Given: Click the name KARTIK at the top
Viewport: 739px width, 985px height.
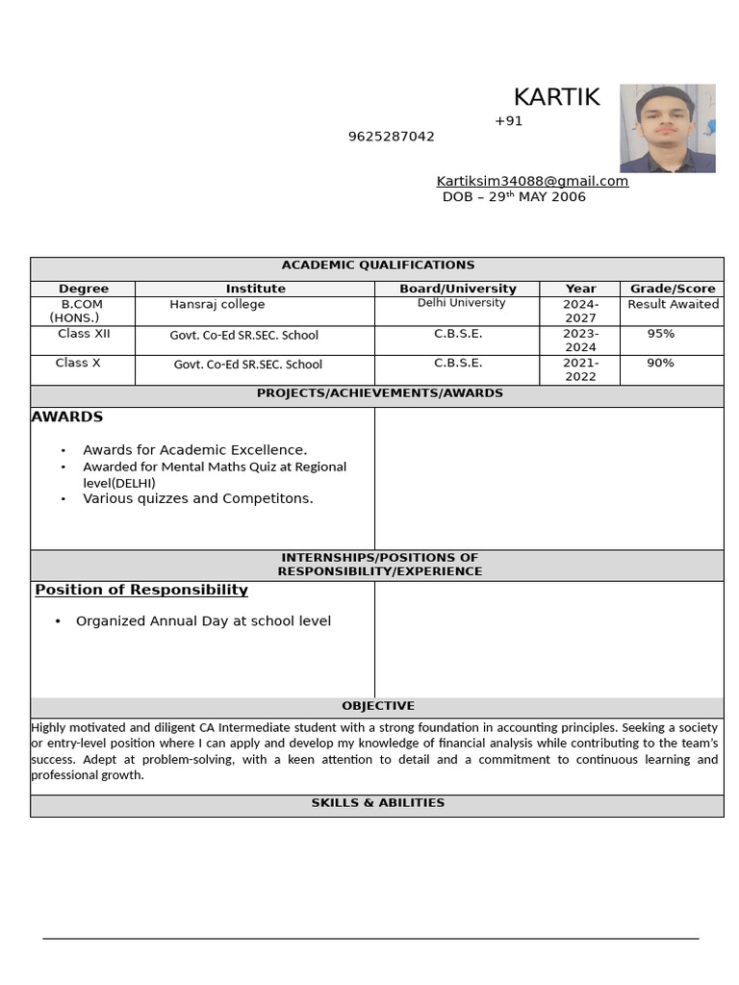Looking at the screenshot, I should tap(556, 97).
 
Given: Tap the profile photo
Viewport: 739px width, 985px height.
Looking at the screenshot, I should tap(667, 128).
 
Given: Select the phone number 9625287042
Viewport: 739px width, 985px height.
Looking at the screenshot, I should tap(391, 137).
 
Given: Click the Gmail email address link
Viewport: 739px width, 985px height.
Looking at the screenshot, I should tap(532, 181).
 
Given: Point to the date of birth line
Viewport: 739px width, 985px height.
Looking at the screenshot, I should tap(514, 197).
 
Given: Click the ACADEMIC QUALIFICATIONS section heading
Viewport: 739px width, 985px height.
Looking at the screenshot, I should tap(377, 265).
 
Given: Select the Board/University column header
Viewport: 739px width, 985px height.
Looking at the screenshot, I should tap(458, 289).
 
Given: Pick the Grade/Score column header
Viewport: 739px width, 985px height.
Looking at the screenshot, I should tap(673, 289).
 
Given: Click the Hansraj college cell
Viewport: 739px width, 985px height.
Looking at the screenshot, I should tap(217, 304).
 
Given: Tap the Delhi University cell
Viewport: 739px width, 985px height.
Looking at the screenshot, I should tap(461, 303).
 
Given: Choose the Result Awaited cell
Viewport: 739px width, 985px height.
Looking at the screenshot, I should tap(673, 304).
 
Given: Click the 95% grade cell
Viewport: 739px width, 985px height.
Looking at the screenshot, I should tap(660, 334).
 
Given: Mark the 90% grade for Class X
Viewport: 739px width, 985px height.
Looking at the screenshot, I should tap(660, 363).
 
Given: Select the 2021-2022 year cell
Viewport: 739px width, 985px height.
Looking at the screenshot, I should tap(580, 369).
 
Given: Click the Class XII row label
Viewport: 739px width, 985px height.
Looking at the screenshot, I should tap(84, 334).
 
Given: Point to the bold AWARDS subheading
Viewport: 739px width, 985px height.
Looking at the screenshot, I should tap(67, 417).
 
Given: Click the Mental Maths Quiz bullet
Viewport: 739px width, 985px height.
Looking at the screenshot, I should tap(214, 474).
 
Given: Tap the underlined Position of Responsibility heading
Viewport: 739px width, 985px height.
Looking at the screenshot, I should tap(141, 590).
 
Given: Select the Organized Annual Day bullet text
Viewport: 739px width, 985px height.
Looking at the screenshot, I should tap(203, 621).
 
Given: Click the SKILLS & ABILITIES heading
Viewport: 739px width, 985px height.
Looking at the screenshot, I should tap(377, 803).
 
